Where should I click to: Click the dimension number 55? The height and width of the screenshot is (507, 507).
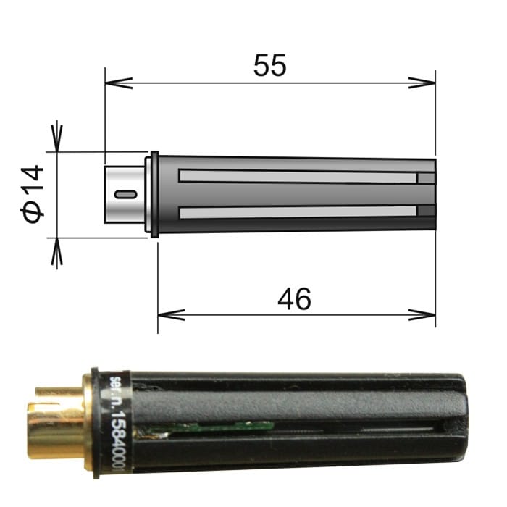tap(269, 66)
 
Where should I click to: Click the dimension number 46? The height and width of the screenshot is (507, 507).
tap(294, 298)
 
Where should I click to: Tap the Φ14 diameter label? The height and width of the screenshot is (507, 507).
tap(33, 193)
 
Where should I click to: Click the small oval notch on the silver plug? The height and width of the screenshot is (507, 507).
tap(125, 194)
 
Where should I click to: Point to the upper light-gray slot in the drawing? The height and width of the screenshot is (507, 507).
tap(297, 177)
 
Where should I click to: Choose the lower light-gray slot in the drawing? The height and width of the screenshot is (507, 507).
tap(297, 212)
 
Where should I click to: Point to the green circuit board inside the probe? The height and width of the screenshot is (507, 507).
tap(210, 430)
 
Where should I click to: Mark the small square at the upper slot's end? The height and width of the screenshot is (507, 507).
tap(427, 177)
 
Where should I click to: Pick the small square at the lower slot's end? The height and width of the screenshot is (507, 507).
tap(427, 211)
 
